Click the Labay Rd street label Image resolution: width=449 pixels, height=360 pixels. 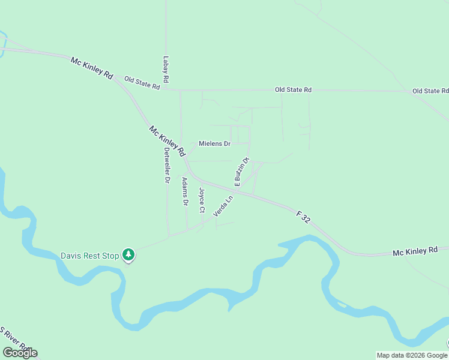pos(166,70)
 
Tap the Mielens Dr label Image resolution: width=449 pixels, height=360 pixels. pos(214,144)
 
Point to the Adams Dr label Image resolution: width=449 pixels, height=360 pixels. pos(185,192)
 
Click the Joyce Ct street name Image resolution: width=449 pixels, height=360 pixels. pos(202,202)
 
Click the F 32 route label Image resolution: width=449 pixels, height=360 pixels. pos(303,217)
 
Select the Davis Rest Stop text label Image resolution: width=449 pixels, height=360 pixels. pos(90,256)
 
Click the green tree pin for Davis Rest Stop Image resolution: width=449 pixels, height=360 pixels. pos(128,255)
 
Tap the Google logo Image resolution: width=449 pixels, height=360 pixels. pos(20,352)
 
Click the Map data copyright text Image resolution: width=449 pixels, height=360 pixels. pos(412,355)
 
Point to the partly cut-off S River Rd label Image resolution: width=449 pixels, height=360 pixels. pos(16,339)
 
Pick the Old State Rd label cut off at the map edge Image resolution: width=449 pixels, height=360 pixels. pos(430,91)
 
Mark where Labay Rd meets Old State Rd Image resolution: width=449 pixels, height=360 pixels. pos(166,90)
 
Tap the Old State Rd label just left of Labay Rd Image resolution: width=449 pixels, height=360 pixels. pos(142,83)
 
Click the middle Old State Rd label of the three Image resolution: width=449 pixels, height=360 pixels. pos(294,89)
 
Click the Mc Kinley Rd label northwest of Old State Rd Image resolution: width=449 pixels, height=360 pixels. pos(92,68)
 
